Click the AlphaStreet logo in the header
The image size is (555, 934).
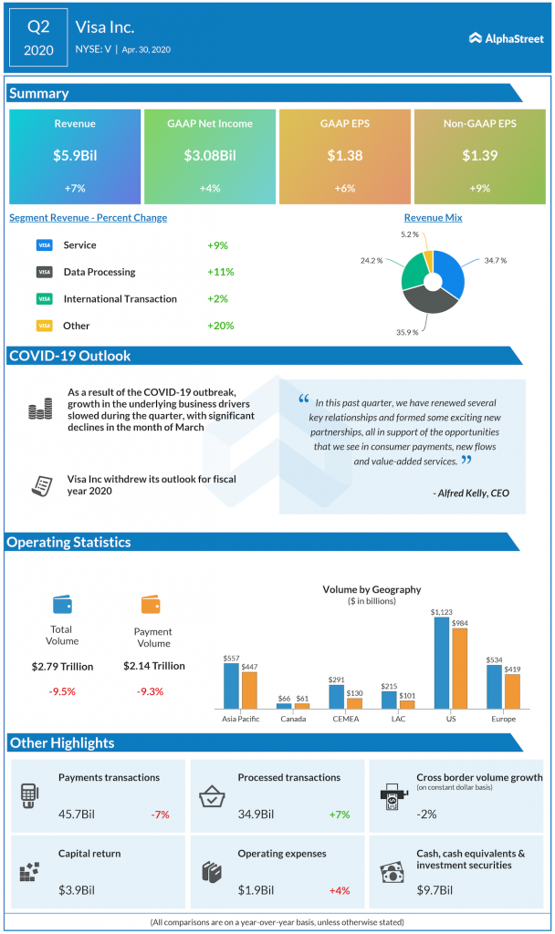pos(507,38)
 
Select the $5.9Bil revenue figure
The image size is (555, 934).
pos(75,156)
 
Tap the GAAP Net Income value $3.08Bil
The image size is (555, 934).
pos(210,156)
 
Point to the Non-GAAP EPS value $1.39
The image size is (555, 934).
pos(478,156)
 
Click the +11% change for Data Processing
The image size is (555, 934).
pos(221,272)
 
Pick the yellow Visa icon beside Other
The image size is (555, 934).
pos(44,326)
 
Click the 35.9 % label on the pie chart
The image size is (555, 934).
pos(407,332)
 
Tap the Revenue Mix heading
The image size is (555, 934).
pos(433,218)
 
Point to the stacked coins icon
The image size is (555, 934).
pos(39,410)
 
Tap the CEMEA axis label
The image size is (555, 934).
pos(345,719)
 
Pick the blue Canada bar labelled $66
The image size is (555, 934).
pos(284,706)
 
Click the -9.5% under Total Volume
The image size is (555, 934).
pos(62,691)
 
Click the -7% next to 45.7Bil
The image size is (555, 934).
pos(161,815)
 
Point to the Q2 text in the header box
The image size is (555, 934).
pos(38,27)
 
